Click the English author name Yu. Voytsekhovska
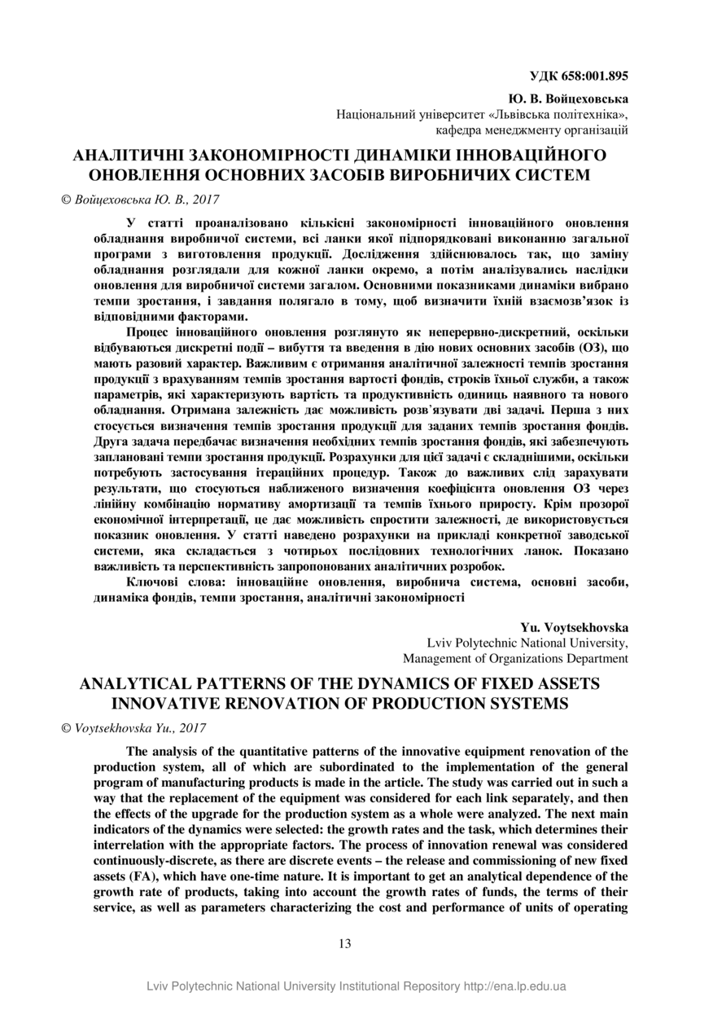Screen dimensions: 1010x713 coord(574,627)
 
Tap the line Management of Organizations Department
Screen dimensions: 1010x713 coord(515,658)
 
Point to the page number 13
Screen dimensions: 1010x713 coord(344,944)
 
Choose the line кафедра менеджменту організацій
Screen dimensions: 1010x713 coord(531,130)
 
